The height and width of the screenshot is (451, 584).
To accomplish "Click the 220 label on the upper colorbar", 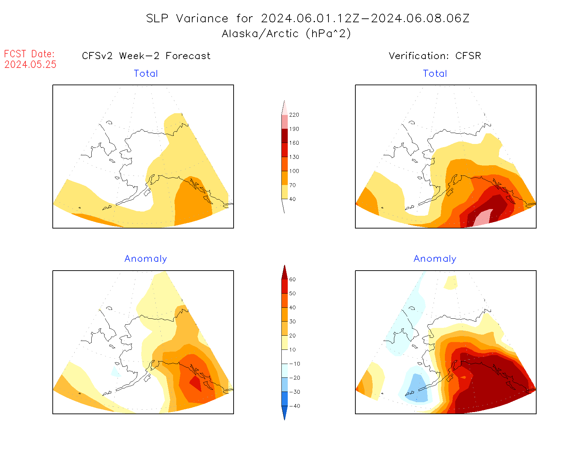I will (x=294, y=115).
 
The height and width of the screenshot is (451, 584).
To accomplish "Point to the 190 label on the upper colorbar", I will (x=294, y=129).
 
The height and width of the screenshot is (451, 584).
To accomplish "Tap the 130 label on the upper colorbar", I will (x=294, y=157).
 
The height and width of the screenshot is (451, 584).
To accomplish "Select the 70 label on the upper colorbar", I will (x=292, y=185).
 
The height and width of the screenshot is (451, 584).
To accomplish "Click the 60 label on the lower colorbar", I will (x=292, y=279).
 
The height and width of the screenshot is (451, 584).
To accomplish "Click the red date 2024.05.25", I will (x=30, y=64).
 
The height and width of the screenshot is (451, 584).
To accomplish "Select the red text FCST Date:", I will (x=29, y=54).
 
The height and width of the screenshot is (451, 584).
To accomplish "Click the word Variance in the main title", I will (x=202, y=18).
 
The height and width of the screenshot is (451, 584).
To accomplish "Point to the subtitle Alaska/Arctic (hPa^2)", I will (x=286, y=34).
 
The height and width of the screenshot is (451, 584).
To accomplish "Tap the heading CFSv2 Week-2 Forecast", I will (x=146, y=56).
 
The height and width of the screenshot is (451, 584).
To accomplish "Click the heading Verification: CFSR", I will (x=435, y=56).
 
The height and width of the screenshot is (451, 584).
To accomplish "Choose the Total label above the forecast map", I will (x=146, y=74).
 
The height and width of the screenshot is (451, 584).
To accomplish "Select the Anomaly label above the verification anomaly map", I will (x=435, y=259).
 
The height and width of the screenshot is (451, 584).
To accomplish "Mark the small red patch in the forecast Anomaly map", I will (x=196, y=383).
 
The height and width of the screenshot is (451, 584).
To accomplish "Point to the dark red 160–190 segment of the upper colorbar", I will (x=285, y=136).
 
